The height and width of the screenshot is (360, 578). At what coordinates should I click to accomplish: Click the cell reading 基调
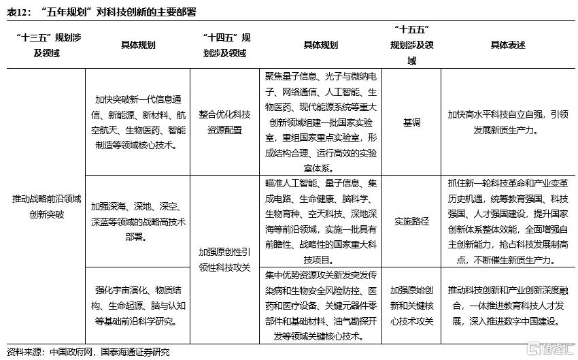(x=411, y=123)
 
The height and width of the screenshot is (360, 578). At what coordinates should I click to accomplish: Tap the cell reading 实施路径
(x=411, y=221)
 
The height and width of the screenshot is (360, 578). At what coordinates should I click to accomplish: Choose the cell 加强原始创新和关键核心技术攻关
(x=411, y=306)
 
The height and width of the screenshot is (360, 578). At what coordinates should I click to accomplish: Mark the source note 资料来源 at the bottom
(x=88, y=352)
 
